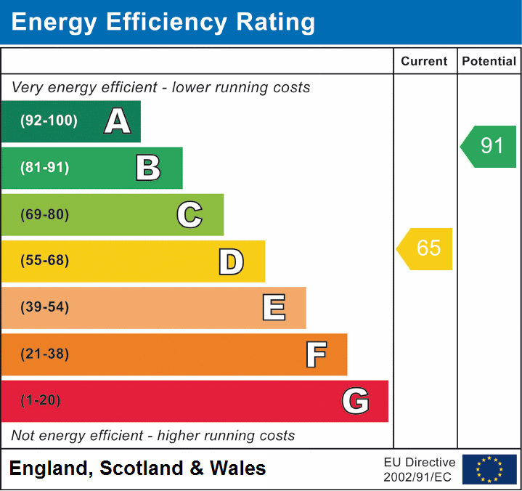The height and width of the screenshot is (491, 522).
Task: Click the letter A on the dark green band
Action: [x=117, y=121]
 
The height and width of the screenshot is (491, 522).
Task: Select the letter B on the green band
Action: [x=148, y=168]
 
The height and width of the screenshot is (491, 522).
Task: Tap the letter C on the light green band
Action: [x=189, y=214]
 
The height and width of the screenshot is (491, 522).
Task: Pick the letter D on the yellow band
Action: [x=231, y=261]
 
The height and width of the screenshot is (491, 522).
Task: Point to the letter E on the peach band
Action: [x=273, y=308]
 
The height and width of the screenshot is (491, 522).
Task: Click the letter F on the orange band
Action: [x=315, y=354]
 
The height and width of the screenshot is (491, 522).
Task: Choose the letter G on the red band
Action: [x=355, y=401]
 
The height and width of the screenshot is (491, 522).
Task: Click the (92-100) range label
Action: [x=49, y=121]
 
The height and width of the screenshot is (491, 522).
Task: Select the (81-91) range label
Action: [x=45, y=168]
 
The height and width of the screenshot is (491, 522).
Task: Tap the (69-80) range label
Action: [x=45, y=214]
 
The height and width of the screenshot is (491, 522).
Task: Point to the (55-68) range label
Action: [x=45, y=261]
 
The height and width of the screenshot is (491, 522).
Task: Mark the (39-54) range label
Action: [x=45, y=307]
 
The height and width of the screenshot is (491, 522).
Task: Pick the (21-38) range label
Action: [x=45, y=354]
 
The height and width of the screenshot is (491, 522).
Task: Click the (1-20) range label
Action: [x=41, y=401]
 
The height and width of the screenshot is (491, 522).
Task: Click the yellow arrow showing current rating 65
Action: [x=425, y=248]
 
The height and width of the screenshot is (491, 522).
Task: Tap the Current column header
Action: [x=425, y=62]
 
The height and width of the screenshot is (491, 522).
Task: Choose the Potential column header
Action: [x=489, y=62]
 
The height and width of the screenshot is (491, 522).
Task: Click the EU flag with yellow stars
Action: [x=489, y=469]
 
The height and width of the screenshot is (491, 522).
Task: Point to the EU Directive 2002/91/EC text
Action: [x=420, y=469]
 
